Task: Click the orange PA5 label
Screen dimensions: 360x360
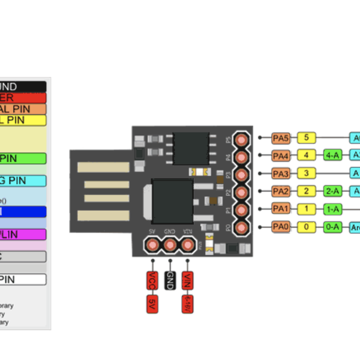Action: tap(280, 138)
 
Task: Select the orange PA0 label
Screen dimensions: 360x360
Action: tap(280, 227)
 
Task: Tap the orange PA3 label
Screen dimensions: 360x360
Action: tap(280, 174)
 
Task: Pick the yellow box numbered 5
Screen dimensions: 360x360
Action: tap(307, 138)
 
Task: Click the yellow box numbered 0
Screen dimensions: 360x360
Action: tap(307, 227)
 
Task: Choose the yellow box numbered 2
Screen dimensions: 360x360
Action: tap(307, 191)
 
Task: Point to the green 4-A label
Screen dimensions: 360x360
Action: tap(332, 156)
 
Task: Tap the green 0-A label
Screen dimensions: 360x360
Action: tap(332, 227)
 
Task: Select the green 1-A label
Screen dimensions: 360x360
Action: tap(332, 209)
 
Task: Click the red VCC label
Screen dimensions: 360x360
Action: tap(152, 280)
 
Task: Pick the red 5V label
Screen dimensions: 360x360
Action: tap(152, 303)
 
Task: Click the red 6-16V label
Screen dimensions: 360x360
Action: tap(188, 303)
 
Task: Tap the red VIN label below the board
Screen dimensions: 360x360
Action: tap(188, 280)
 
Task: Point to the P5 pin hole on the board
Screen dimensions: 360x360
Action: tap(242, 139)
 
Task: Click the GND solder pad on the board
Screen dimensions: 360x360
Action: tap(170, 245)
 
